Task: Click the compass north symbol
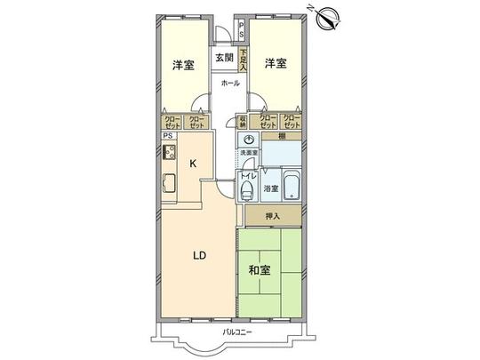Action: [325, 18]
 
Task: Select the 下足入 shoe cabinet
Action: [243, 63]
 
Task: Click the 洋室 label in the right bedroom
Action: [276, 63]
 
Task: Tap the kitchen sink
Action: [168, 186]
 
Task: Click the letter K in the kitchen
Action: [192, 164]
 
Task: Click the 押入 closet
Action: [274, 216]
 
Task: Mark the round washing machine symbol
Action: [250, 140]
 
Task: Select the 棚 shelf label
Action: [281, 136]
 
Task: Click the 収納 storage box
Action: [242, 122]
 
